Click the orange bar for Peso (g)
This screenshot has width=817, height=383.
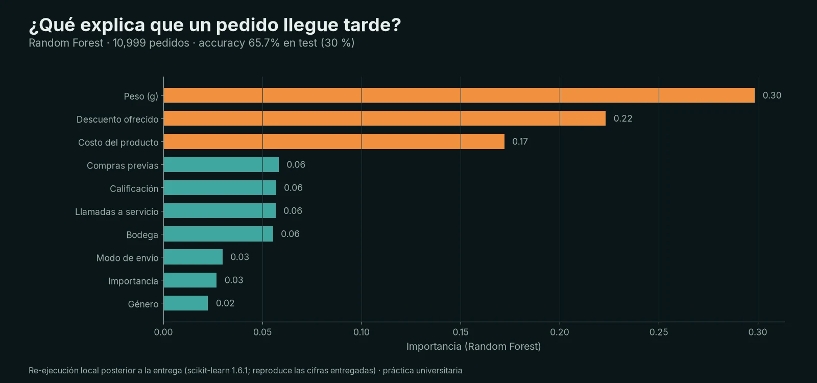click(x=459, y=95)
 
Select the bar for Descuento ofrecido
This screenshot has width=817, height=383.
click(x=385, y=118)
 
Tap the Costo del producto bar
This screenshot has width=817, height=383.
click(x=334, y=141)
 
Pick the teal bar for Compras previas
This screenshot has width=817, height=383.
click(x=222, y=164)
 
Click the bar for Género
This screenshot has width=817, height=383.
click(x=186, y=303)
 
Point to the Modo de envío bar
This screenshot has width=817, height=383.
click(x=194, y=257)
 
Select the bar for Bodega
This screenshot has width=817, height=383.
click(x=219, y=234)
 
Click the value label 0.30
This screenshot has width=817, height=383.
click(x=772, y=95)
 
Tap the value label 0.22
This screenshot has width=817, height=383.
click(x=623, y=118)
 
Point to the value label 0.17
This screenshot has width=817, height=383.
click(x=520, y=141)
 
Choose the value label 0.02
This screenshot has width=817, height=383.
click(x=225, y=303)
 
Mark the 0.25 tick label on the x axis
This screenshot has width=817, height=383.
click(x=659, y=332)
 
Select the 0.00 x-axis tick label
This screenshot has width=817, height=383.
click(x=163, y=332)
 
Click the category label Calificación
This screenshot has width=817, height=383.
click(x=134, y=188)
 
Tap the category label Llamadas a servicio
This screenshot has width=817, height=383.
click(x=117, y=212)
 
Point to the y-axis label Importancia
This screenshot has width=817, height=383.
click(x=133, y=281)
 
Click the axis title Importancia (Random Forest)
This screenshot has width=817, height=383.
click(x=473, y=347)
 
